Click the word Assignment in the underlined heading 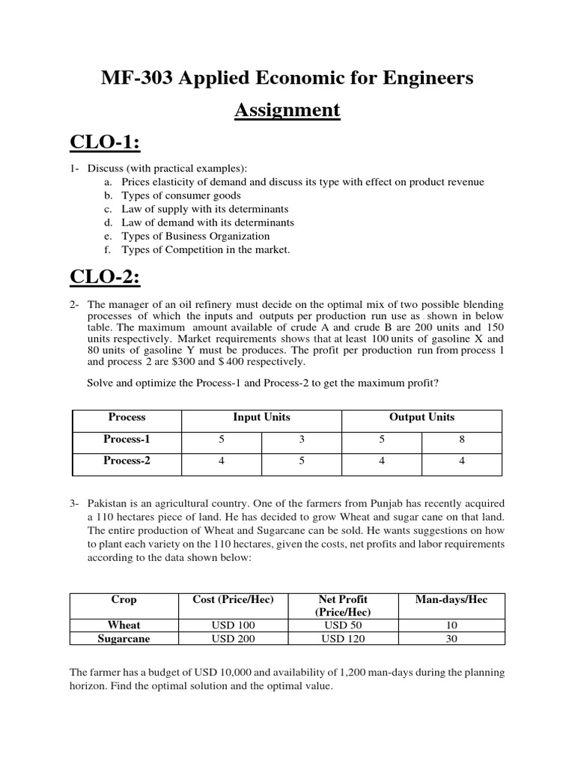point(287,111)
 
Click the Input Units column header point(261,417)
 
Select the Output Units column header point(422,417)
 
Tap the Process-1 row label point(127,440)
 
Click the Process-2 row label point(127,461)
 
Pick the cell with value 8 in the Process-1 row point(462,440)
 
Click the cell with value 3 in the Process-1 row point(302,440)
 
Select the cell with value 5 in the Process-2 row point(302,461)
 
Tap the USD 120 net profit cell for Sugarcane point(344,639)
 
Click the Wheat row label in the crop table point(124,625)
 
